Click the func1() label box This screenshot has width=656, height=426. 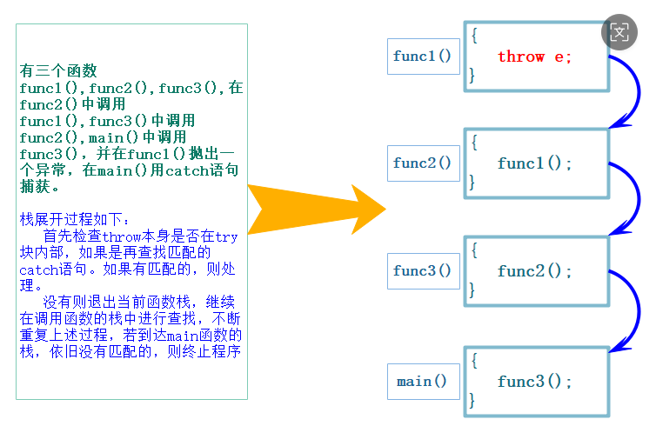(x=423, y=57)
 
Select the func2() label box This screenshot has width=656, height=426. (x=423, y=163)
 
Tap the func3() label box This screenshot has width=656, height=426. (x=423, y=270)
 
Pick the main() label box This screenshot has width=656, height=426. (x=423, y=382)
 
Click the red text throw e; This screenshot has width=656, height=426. (x=534, y=57)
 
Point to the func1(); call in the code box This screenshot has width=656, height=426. (x=534, y=163)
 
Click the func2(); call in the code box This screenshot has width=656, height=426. (x=534, y=271)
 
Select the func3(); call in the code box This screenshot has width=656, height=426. (x=534, y=382)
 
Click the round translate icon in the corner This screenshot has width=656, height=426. (x=619, y=33)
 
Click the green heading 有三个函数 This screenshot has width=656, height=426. (x=58, y=71)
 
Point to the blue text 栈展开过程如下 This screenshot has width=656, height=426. (x=73, y=220)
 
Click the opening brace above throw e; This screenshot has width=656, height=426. (x=474, y=36)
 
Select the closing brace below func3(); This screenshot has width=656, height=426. (x=473, y=401)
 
